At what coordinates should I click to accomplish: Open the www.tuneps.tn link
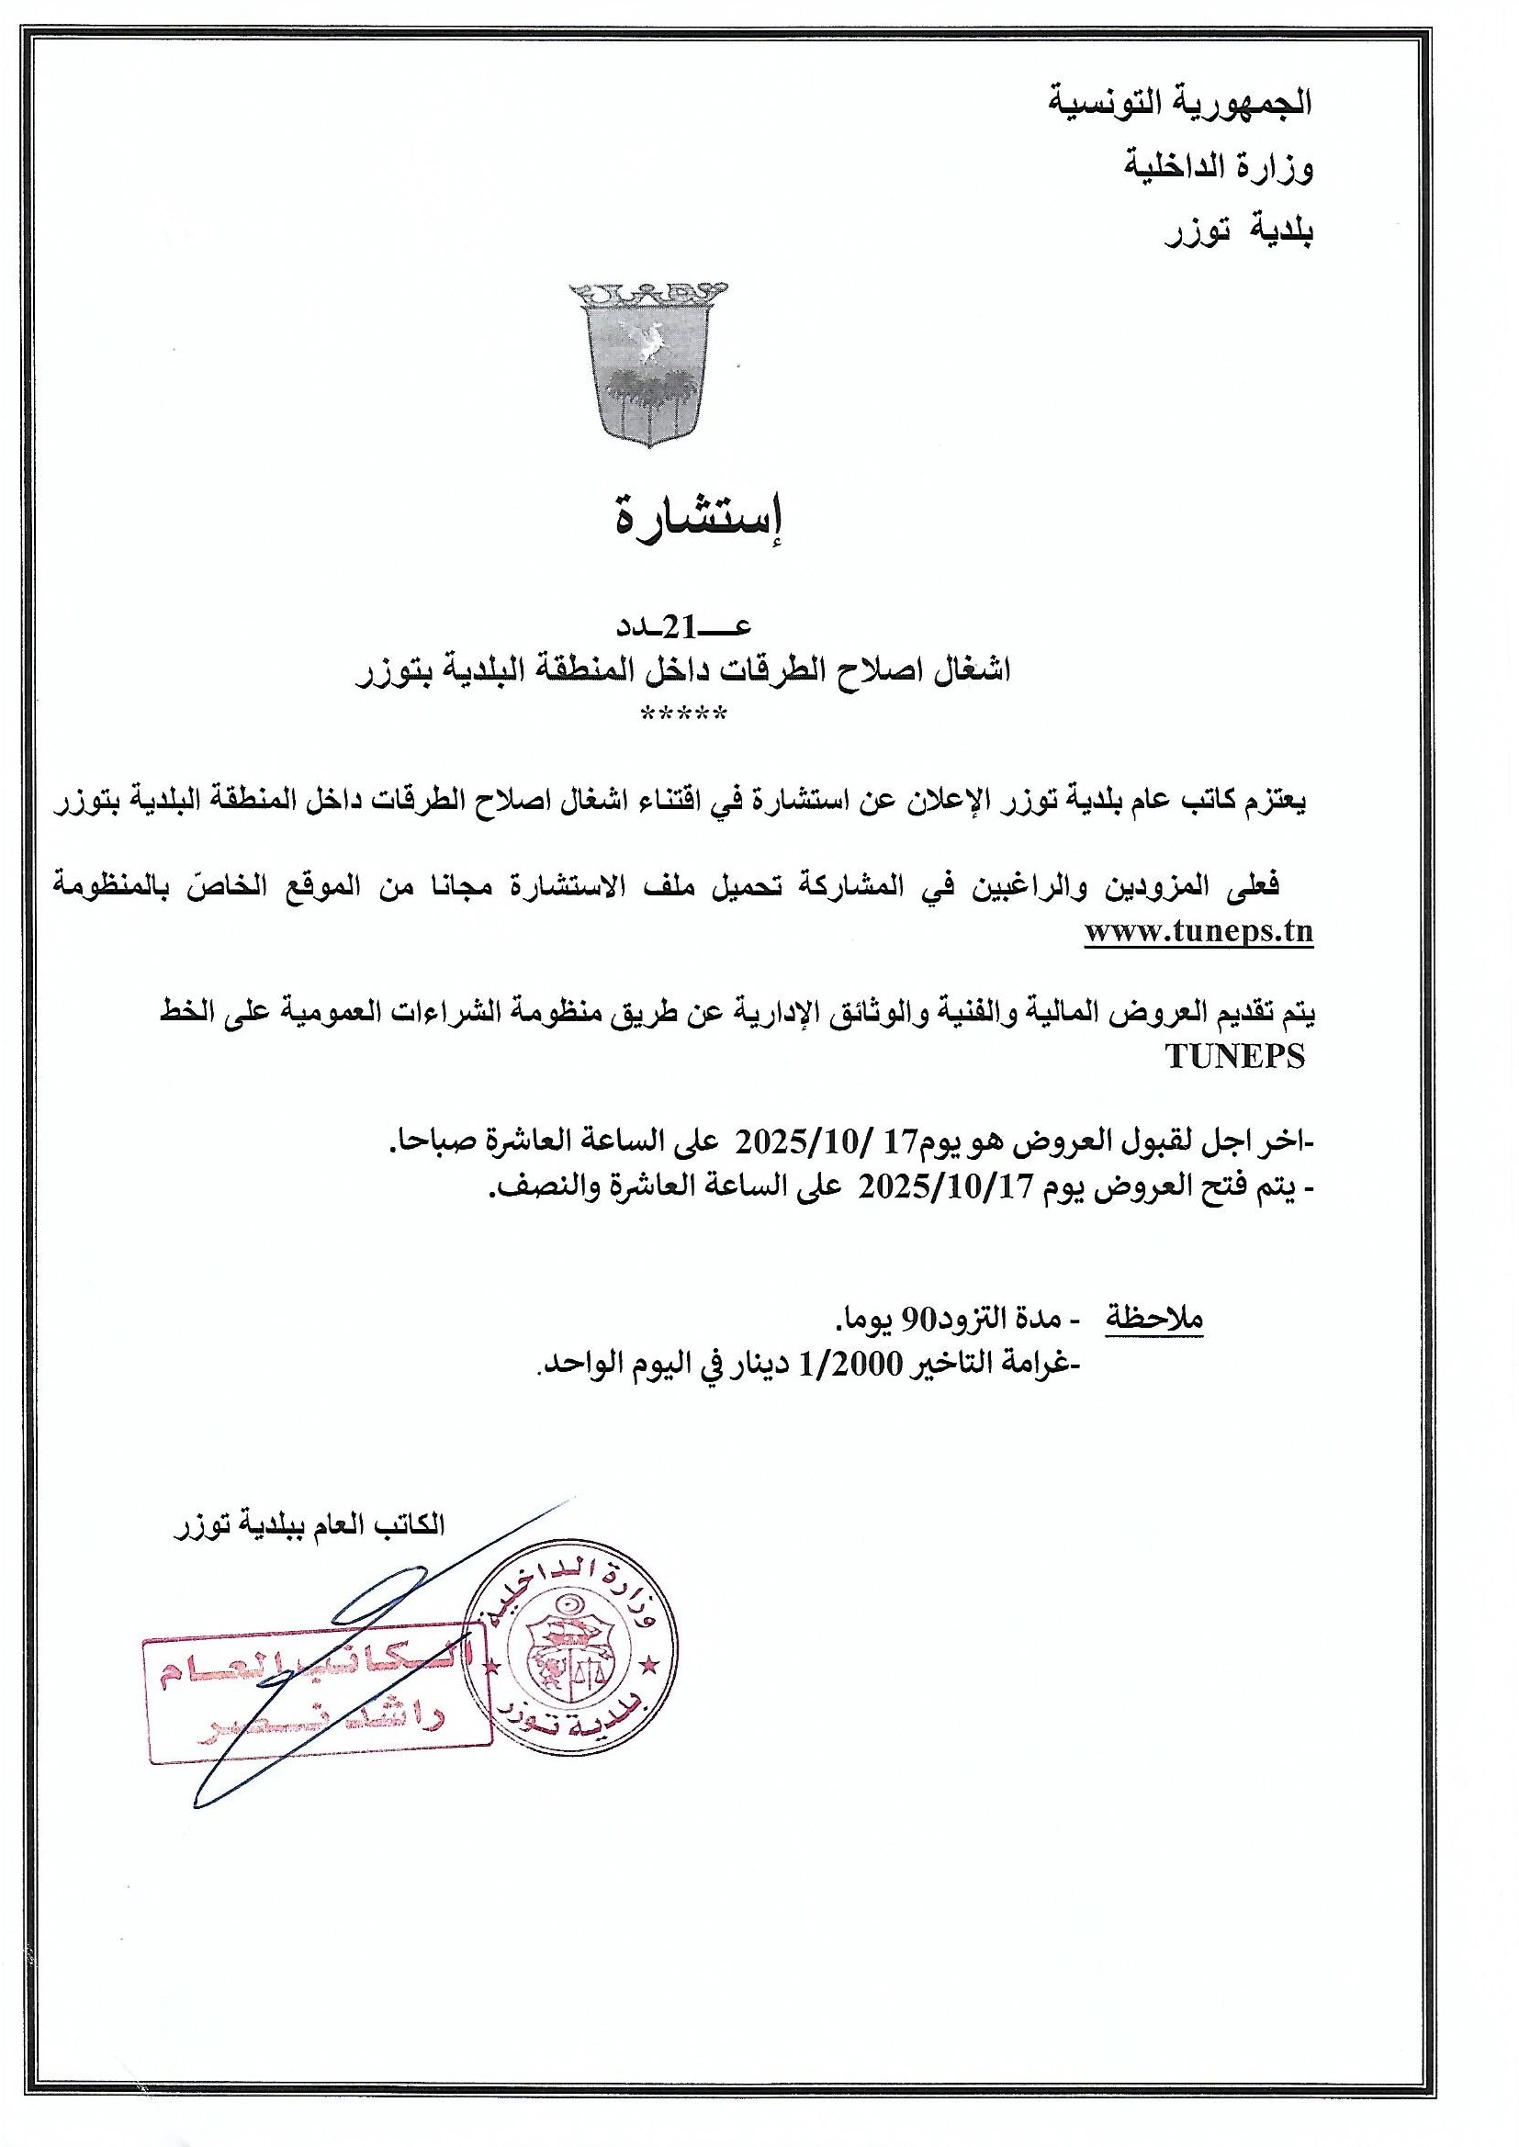1199,932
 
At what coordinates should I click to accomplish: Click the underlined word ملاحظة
1154,1319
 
